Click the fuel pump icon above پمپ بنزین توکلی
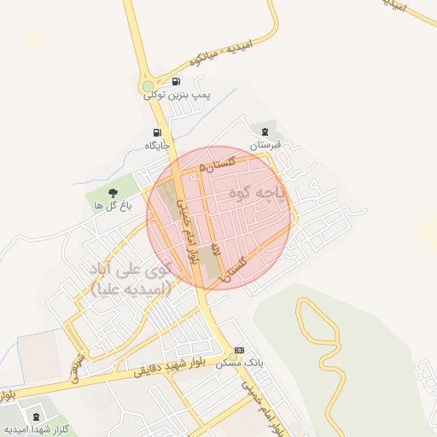tap(176, 83)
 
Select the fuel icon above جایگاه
tap(157, 132)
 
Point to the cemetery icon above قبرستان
tap(265, 131)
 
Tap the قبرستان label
tap(265, 145)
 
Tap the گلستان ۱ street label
tap(238, 269)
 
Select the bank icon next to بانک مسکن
tap(239, 350)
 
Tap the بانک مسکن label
tap(242, 363)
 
